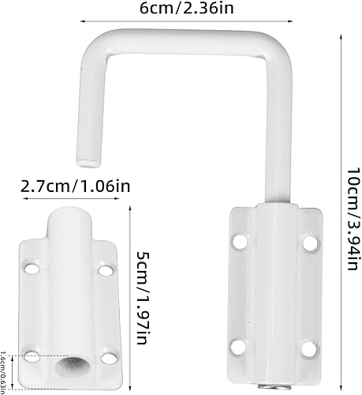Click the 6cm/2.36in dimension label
pos(181,9)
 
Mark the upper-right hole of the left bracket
pos(103,271)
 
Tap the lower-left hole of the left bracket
pos(32,355)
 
